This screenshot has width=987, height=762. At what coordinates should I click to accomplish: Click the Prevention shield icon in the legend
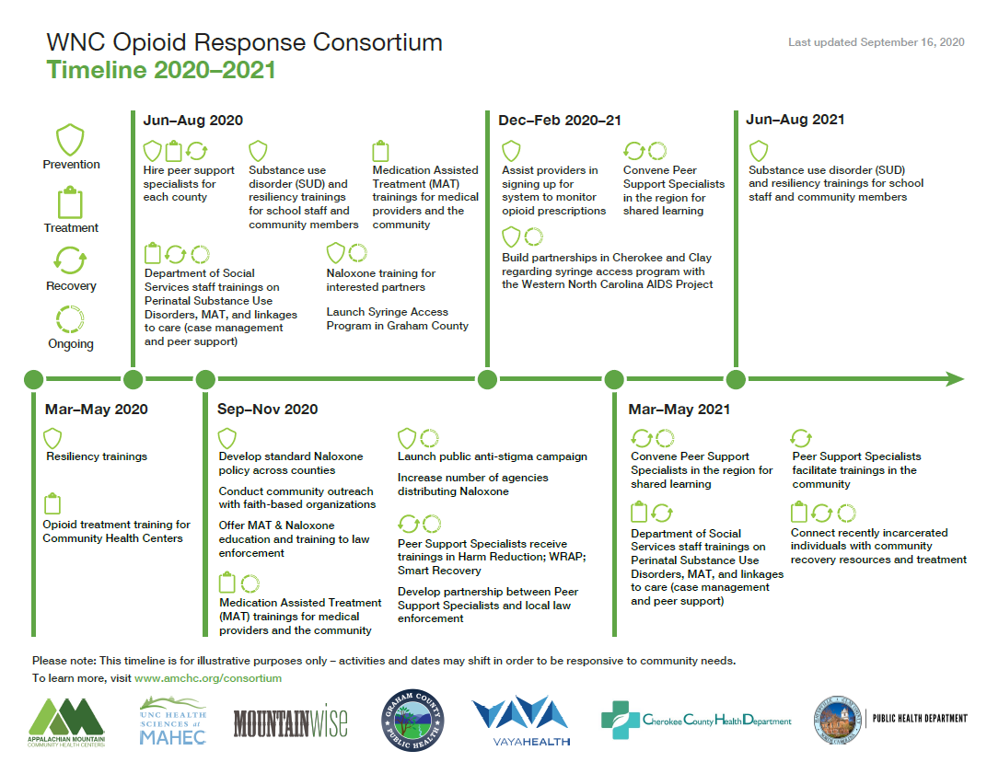point(71,140)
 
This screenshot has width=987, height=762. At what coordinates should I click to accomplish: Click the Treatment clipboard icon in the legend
point(71,202)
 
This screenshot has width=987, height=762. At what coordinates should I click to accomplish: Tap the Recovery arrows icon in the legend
point(71,260)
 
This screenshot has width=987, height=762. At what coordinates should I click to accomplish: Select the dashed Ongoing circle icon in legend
point(71,319)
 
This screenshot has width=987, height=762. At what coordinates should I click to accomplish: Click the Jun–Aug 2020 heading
point(192,121)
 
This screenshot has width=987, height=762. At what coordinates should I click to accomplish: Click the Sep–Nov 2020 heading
point(267,410)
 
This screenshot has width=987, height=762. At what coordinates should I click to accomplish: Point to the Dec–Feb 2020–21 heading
point(560,121)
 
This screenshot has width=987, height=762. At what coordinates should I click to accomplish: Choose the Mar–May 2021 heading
point(679,410)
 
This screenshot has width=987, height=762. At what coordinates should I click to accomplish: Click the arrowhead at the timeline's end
point(955,379)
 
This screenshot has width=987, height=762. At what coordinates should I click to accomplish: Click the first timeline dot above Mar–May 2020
point(33,379)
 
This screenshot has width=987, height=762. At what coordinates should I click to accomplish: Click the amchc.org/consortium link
point(208,678)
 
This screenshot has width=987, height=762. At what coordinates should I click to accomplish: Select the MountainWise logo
point(291,723)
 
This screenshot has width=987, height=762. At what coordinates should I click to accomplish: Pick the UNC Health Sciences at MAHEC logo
point(172,723)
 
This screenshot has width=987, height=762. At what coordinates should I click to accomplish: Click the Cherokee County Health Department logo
point(696,721)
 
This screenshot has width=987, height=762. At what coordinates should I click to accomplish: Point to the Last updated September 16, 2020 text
point(876,42)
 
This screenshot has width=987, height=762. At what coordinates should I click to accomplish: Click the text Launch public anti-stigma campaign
point(492,456)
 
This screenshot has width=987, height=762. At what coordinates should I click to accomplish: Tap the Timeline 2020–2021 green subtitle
point(161,70)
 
